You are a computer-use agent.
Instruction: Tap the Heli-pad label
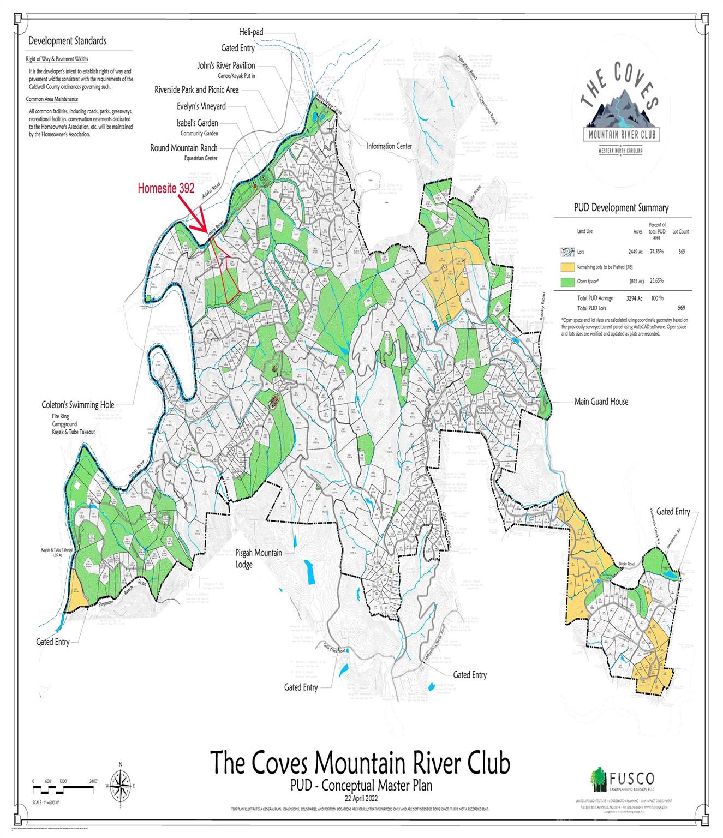click(251, 32)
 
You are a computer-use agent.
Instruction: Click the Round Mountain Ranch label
click(184, 148)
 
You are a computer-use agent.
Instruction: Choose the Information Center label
click(389, 146)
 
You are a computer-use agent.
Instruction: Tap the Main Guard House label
click(601, 402)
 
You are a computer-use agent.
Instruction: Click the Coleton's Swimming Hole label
click(78, 405)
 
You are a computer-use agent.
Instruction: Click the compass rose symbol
click(121, 785)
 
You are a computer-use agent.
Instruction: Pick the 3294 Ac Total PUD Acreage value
click(633, 298)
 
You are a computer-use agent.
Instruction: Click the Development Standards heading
click(67, 41)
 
